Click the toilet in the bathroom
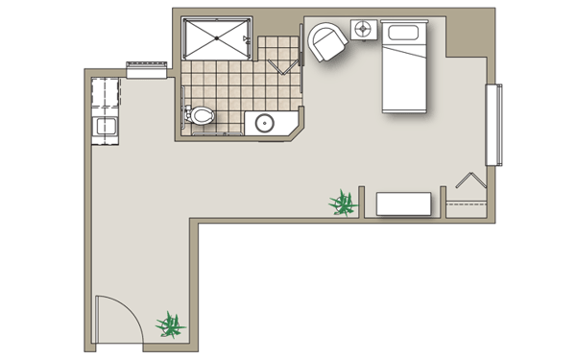pyautogui.click(x=201, y=117)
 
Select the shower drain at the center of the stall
pyautogui.click(x=217, y=37)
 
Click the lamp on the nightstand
pyautogui.click(x=364, y=29)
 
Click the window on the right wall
pyautogui.click(x=493, y=124)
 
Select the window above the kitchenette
pyautogui.click(x=147, y=65)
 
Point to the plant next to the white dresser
pyautogui.click(x=342, y=203)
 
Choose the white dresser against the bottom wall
pyautogui.click(x=403, y=204)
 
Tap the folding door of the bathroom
pyautogui.click(x=281, y=65)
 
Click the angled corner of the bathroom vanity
pyautogui.click(x=295, y=129)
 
